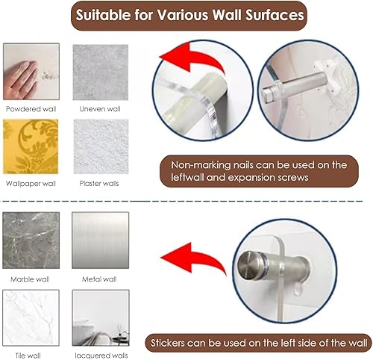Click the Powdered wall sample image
(x=31, y=72)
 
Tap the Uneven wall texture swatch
(x=101, y=72)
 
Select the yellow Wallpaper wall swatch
(x=31, y=146)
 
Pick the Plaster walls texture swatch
(x=101, y=146)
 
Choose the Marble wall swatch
(x=31, y=240)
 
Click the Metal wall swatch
(x=101, y=240)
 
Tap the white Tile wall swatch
(x=31, y=317)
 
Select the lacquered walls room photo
(x=101, y=317)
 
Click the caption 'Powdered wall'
(x=31, y=109)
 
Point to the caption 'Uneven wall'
(x=100, y=109)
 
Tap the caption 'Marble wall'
(x=30, y=279)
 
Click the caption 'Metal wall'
(x=99, y=279)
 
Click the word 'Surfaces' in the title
(x=275, y=15)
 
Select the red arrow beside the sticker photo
(x=194, y=259)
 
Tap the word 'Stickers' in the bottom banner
(x=168, y=343)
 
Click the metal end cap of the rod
(x=248, y=265)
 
